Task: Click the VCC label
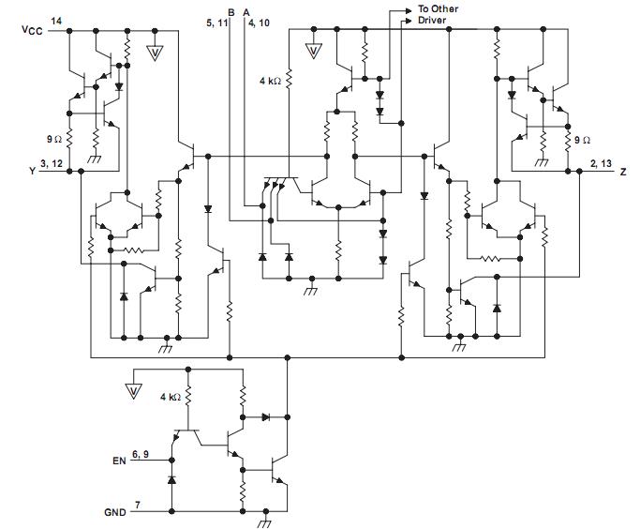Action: [x=31, y=31]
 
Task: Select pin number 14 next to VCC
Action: [x=57, y=21]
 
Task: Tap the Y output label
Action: [x=32, y=172]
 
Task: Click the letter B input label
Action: [x=231, y=11]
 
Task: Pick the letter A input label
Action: [x=246, y=11]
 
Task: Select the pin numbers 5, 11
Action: [x=218, y=24]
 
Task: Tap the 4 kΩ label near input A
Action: [x=270, y=82]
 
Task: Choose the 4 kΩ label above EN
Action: [x=171, y=398]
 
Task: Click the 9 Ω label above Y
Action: [x=54, y=139]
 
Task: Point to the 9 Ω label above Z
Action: [x=583, y=139]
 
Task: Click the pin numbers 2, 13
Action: [x=599, y=164]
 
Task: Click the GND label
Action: [x=114, y=513]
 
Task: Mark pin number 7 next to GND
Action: [x=139, y=506]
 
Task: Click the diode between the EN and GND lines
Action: [x=171, y=480]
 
